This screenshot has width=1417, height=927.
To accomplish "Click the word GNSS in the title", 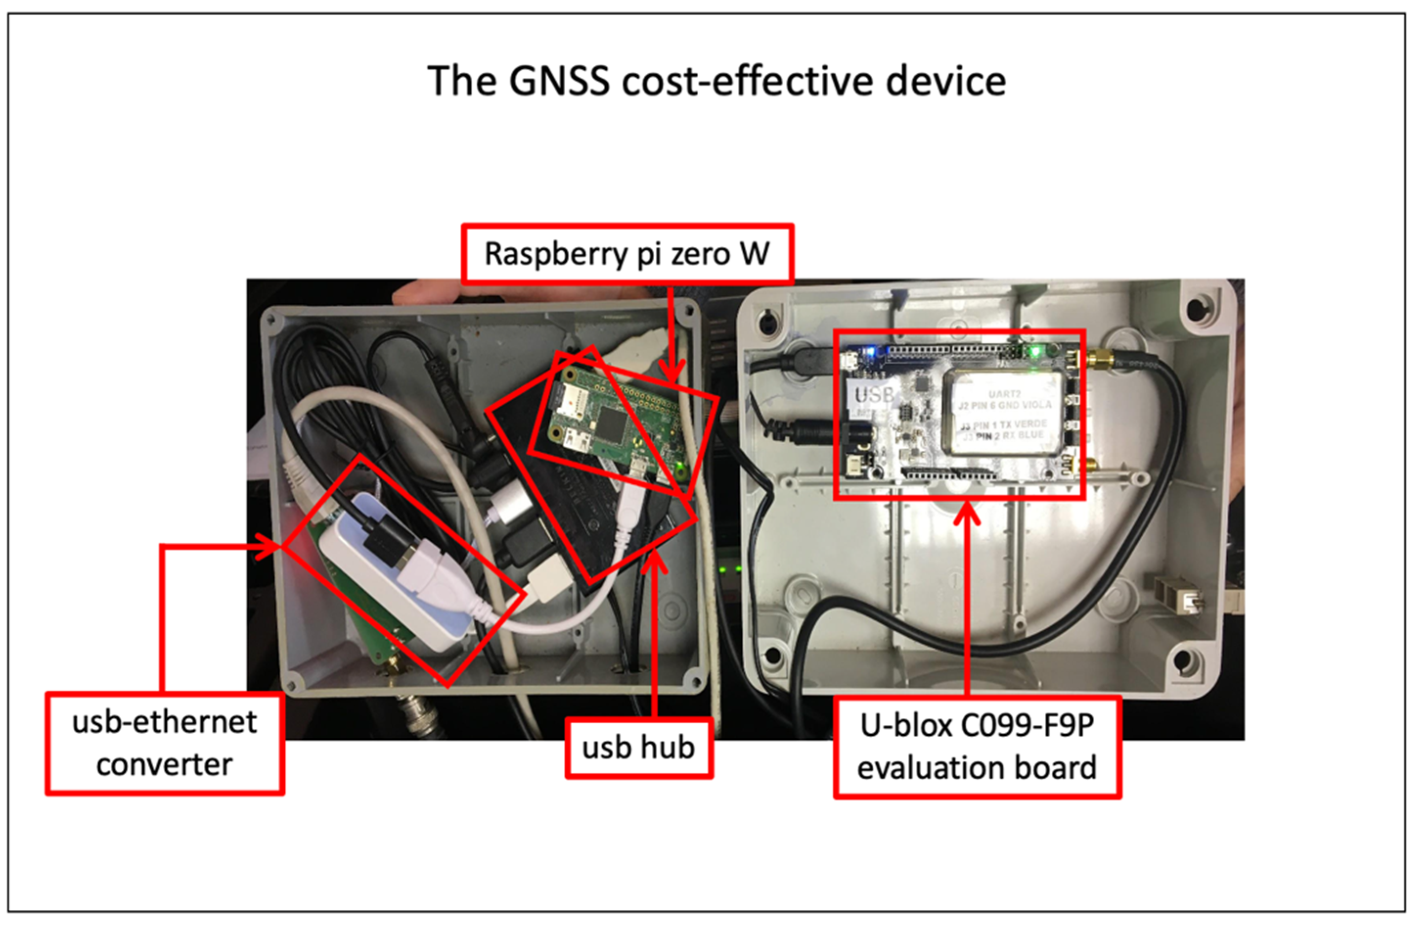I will coord(560,82).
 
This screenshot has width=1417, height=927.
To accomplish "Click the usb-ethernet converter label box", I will coord(165,743).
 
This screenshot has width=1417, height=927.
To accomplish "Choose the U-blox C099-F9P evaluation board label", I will coord(977,747).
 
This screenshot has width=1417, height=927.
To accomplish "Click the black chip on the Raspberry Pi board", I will coord(610,422).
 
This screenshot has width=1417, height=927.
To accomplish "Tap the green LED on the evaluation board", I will coord(1035,352).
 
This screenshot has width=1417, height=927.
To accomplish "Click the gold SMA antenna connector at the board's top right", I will coord(1100,359).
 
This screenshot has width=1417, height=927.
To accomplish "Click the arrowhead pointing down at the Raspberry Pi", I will coord(672,373).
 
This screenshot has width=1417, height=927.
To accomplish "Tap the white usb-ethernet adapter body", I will coord(387,572).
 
